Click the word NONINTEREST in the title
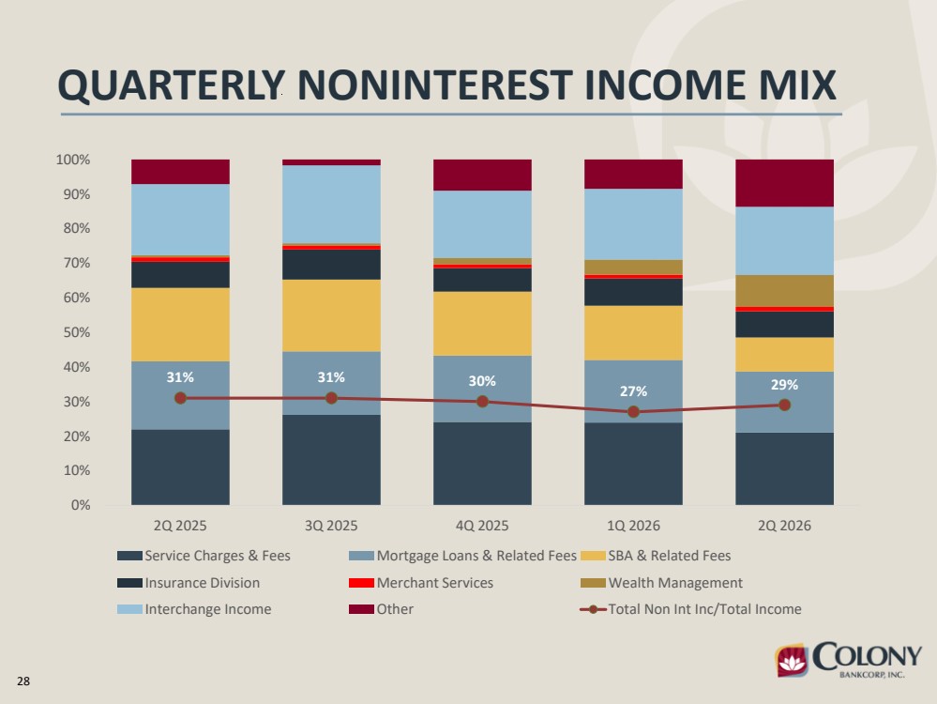pyautogui.click(x=435, y=84)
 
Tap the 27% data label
pyautogui.click(x=633, y=391)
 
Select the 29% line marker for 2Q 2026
pyautogui.click(x=785, y=405)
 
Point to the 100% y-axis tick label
pyautogui.click(x=73, y=160)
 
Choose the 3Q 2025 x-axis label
pyautogui.click(x=331, y=526)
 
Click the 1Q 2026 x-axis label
pyautogui.click(x=633, y=526)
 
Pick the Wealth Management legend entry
pyautogui.click(x=661, y=583)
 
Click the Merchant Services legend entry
pyautogui.click(x=421, y=583)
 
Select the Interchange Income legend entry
pyautogui.click(x=194, y=609)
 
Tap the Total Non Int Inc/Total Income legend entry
pyautogui.click(x=691, y=609)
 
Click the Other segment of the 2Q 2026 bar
pyautogui.click(x=785, y=183)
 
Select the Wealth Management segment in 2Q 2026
pyautogui.click(x=785, y=291)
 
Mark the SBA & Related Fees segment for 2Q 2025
pyautogui.click(x=180, y=325)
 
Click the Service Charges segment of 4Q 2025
pyautogui.click(x=482, y=464)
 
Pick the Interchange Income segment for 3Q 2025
pyautogui.click(x=331, y=204)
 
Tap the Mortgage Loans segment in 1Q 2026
pyautogui.click(x=633, y=391)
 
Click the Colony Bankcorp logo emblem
pyautogui.click(x=792, y=660)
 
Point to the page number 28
pyautogui.click(x=23, y=681)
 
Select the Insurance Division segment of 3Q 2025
pyautogui.click(x=331, y=265)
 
